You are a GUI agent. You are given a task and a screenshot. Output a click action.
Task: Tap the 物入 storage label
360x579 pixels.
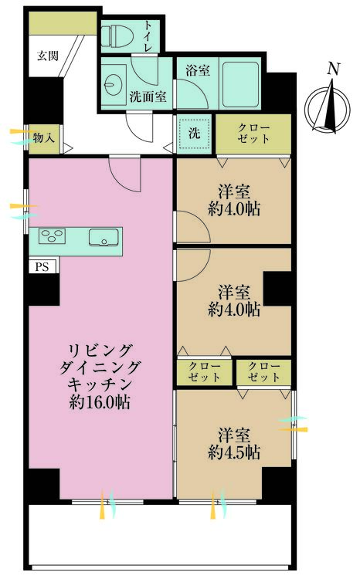(44, 137)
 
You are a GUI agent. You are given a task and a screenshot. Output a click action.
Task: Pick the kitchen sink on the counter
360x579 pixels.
(104, 237)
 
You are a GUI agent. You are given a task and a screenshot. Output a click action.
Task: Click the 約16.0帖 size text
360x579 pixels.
(99, 401)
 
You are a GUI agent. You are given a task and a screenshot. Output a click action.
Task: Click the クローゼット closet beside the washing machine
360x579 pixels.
(253, 133)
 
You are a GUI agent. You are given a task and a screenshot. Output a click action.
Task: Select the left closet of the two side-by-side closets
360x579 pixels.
(205, 372)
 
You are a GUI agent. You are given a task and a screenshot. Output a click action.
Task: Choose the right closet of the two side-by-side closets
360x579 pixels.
(264, 372)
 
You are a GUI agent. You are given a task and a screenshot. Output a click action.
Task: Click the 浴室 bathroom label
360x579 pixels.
(198, 70)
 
